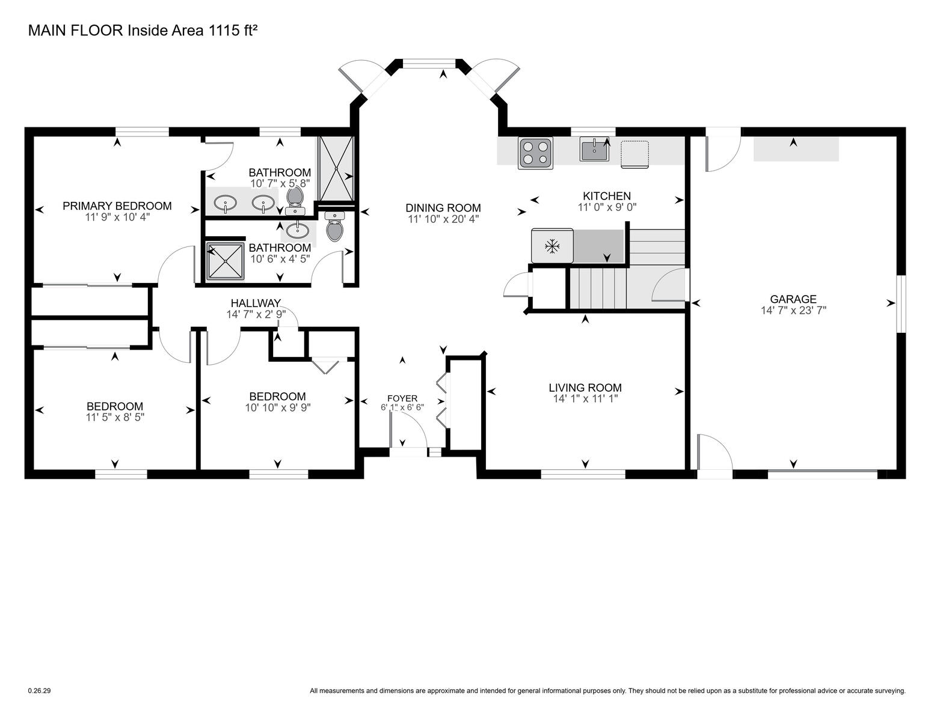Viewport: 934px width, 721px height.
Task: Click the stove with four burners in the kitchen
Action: pyautogui.click(x=535, y=153)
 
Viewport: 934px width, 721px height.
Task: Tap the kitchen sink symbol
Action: pyautogui.click(x=594, y=149)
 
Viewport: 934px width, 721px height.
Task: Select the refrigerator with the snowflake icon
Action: pyautogui.click(x=552, y=246)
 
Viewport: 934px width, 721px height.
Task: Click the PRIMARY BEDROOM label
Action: pyautogui.click(x=117, y=206)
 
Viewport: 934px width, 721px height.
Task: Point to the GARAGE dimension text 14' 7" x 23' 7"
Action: pyautogui.click(x=793, y=311)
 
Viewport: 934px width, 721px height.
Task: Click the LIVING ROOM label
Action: pyautogui.click(x=585, y=388)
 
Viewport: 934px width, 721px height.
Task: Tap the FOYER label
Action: pyautogui.click(x=402, y=398)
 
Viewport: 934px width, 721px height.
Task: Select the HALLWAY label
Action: pyautogui.click(x=256, y=303)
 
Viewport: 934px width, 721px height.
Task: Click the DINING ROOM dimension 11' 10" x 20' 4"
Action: pyautogui.click(x=443, y=219)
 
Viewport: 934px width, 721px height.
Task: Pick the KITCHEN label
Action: pyautogui.click(x=606, y=196)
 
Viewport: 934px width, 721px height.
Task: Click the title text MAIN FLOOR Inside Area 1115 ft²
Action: pyautogui.click(x=143, y=31)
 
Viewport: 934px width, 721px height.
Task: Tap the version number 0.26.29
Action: pyautogui.click(x=40, y=691)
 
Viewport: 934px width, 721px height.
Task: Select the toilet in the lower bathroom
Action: pyautogui.click(x=335, y=227)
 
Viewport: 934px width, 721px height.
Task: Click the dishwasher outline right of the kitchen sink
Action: pyautogui.click(x=635, y=154)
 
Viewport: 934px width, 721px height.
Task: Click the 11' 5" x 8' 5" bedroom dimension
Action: pyautogui.click(x=115, y=418)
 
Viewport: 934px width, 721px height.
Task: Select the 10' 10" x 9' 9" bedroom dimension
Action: pyautogui.click(x=278, y=407)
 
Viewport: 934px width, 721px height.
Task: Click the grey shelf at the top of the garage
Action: pyautogui.click(x=796, y=149)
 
